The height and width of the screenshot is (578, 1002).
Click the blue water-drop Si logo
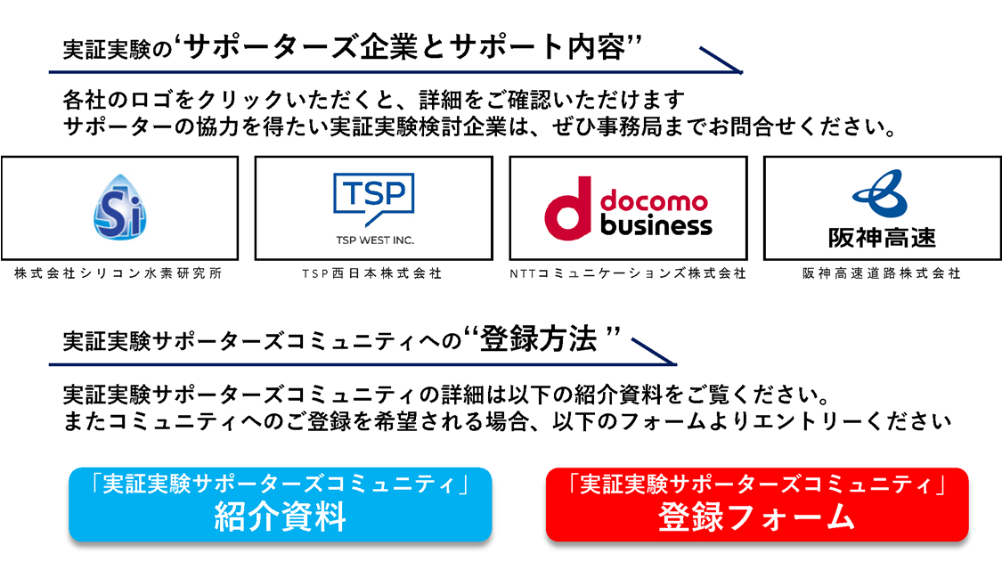[x=119, y=207]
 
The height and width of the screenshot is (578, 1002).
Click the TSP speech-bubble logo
[x=374, y=199]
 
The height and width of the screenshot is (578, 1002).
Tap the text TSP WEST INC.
[x=375, y=240]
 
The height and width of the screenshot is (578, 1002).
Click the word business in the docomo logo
[x=656, y=224]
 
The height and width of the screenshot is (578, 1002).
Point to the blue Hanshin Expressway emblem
[x=881, y=193]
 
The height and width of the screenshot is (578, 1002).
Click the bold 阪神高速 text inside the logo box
[x=882, y=238]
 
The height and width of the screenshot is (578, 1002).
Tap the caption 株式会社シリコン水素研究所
[x=118, y=273]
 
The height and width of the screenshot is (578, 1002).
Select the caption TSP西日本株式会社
[x=372, y=273]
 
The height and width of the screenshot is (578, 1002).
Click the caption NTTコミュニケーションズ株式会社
[x=628, y=273]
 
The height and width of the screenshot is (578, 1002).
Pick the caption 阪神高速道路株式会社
[x=882, y=273]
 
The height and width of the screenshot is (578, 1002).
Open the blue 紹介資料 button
[x=280, y=504]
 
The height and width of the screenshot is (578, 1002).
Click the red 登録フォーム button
[x=757, y=504]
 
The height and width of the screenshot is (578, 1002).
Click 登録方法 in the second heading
[x=538, y=338]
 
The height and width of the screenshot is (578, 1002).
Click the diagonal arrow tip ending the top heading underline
[x=741, y=72]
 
